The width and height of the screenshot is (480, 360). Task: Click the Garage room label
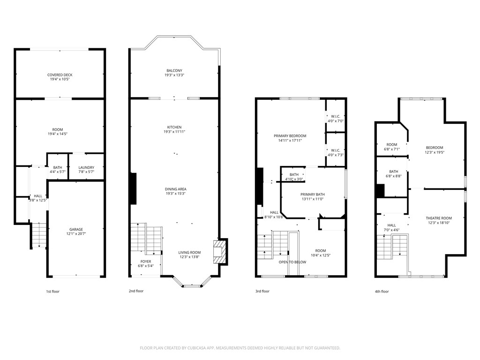(x=75, y=229)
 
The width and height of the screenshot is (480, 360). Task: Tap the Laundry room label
(x=86, y=167)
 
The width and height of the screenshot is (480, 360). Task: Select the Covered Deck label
(x=60, y=75)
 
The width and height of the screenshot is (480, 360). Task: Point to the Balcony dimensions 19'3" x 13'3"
(x=174, y=75)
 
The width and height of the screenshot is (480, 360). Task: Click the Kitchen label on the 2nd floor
(x=174, y=127)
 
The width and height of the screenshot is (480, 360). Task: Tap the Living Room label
(x=189, y=253)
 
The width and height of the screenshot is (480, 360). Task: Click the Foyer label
(x=146, y=262)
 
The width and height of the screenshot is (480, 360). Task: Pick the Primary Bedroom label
(x=290, y=135)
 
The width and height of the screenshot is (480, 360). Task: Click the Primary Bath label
(x=313, y=194)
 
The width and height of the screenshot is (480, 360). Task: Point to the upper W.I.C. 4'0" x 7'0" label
(x=335, y=117)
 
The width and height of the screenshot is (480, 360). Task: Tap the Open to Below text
(x=292, y=262)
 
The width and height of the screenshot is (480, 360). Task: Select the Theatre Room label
(x=439, y=218)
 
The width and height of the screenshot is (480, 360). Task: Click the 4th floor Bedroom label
(x=434, y=148)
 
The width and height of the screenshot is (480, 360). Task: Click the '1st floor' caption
(x=52, y=292)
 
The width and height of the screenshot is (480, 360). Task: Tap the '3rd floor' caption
(x=262, y=291)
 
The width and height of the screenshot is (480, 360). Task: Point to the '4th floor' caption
(x=382, y=292)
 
